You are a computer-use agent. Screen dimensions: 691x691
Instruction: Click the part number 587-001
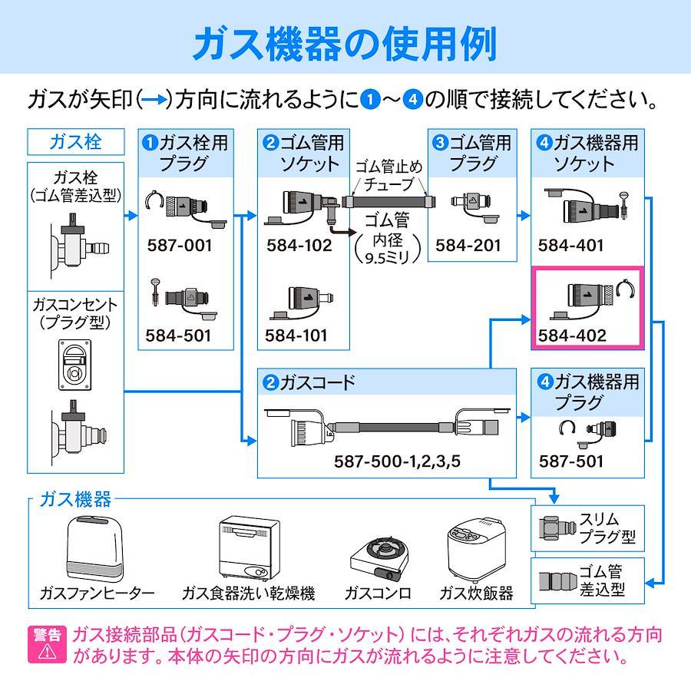(180, 246)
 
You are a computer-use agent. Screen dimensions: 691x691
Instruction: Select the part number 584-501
(178, 336)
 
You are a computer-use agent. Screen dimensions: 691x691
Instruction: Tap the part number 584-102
(299, 246)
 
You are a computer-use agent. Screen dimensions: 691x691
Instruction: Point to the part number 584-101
(296, 336)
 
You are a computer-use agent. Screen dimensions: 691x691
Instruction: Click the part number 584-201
(468, 246)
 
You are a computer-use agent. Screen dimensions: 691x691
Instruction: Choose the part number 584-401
(570, 246)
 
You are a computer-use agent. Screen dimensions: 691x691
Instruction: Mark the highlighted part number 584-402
(572, 336)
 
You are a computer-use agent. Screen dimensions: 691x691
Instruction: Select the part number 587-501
(571, 461)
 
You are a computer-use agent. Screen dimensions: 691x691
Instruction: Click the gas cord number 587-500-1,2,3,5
(397, 461)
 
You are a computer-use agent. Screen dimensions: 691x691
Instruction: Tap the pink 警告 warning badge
(47, 644)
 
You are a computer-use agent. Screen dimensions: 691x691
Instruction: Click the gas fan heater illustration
(94, 550)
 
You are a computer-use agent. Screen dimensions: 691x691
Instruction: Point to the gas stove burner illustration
(379, 558)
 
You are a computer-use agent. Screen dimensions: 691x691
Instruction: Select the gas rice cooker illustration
(476, 550)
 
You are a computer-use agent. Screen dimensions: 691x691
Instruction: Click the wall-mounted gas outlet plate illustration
(75, 365)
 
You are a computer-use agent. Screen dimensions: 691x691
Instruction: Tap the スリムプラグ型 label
(607, 528)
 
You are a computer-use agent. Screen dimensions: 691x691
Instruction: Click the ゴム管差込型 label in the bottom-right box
(601, 581)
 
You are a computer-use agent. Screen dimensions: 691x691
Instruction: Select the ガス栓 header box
(76, 142)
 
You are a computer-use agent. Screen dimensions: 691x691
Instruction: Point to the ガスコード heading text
(317, 382)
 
